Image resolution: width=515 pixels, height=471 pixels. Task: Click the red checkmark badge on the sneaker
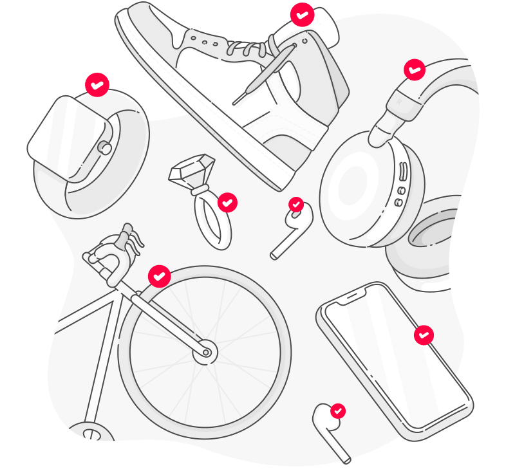click(x=302, y=14)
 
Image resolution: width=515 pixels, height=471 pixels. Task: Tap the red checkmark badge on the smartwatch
click(x=97, y=84)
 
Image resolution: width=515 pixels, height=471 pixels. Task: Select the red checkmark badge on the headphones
click(x=415, y=69)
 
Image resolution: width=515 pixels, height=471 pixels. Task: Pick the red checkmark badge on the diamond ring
click(x=227, y=203)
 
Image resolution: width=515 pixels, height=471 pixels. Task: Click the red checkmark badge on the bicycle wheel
click(x=160, y=276)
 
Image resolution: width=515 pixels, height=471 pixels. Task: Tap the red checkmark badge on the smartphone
click(x=423, y=335)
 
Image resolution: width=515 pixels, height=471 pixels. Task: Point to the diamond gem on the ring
click(x=191, y=169)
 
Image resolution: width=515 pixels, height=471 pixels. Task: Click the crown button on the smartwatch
click(x=104, y=148)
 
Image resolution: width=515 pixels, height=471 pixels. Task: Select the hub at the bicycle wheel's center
click(x=205, y=352)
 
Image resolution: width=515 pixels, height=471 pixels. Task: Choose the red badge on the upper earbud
click(x=296, y=205)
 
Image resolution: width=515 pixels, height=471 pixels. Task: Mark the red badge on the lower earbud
click(x=338, y=411)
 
